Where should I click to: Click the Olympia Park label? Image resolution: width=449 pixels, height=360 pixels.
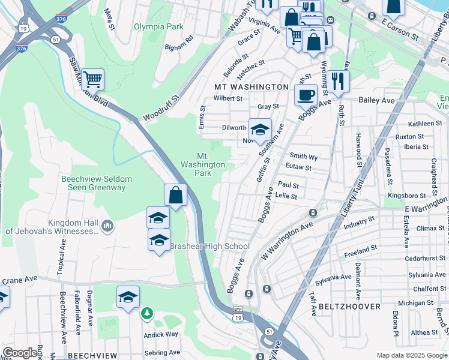pyautogui.click(x=158, y=26)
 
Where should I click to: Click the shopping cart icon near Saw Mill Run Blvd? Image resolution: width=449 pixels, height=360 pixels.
pyautogui.click(x=92, y=79)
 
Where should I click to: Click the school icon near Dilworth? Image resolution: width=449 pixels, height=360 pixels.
pyautogui.click(x=260, y=129)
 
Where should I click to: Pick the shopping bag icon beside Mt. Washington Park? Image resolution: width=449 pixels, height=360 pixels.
pyautogui.click(x=175, y=194)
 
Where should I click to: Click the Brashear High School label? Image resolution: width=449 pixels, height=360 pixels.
pyautogui.click(x=209, y=246)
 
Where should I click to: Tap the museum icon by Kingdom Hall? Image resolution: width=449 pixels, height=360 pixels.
pyautogui.click(x=107, y=226)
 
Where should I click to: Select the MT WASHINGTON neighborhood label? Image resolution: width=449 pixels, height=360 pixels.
pyautogui.click(x=252, y=87)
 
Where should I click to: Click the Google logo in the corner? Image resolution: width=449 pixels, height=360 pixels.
pyautogui.click(x=20, y=353)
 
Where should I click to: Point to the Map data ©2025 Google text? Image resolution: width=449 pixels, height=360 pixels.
pyautogui.click(x=412, y=355)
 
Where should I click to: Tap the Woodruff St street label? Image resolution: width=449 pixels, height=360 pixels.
pyautogui.click(x=161, y=107)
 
